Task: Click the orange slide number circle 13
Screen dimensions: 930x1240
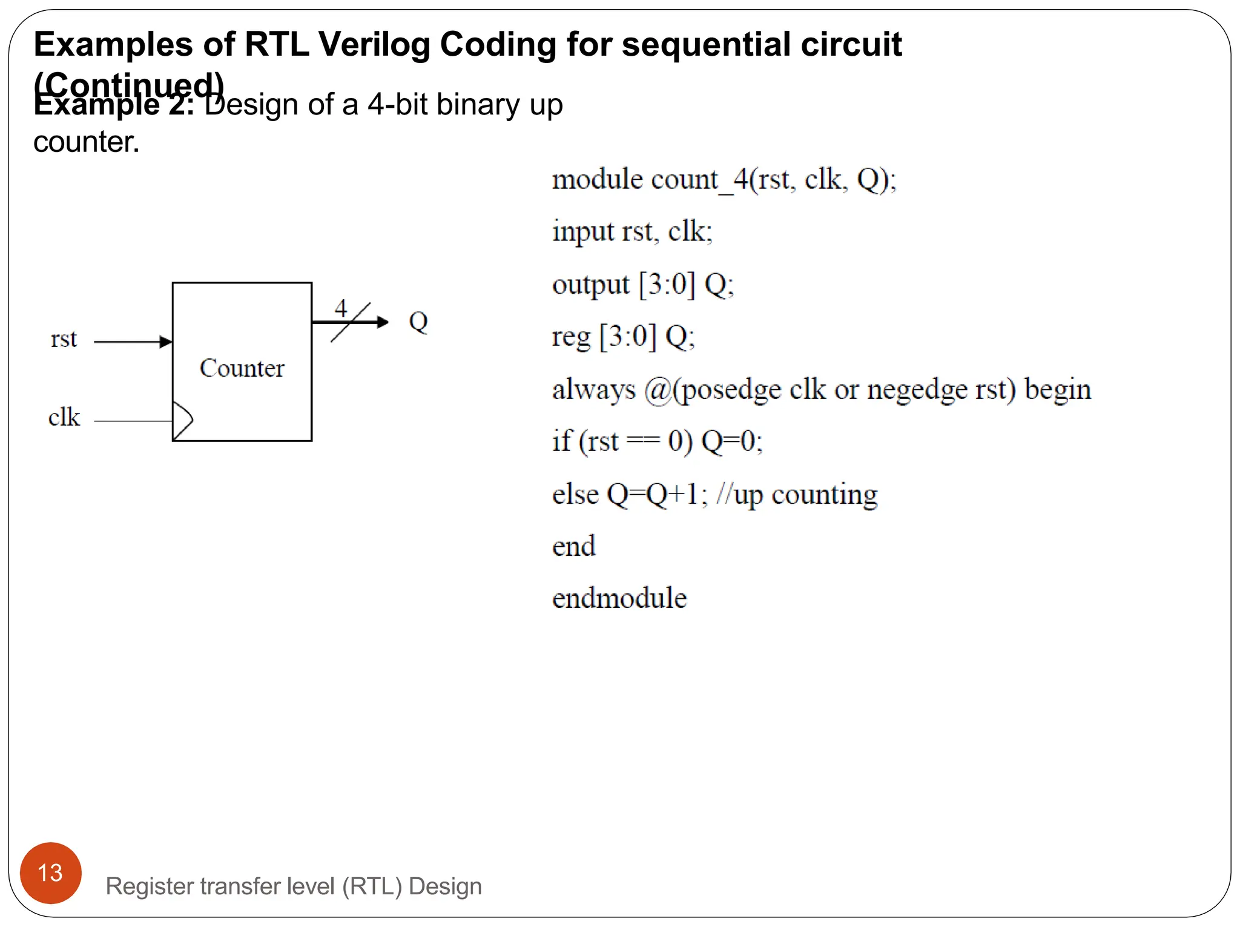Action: coord(50,872)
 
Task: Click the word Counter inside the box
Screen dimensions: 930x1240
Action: coord(242,368)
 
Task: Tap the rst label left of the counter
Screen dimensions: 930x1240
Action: coord(64,339)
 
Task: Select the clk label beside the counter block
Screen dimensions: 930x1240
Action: coord(64,417)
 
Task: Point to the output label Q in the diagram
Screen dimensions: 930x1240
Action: coord(418,322)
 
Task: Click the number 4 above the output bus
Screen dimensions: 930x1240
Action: coord(341,308)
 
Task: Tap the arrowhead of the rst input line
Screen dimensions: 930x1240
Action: coord(166,342)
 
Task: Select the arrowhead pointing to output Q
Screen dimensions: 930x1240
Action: coord(382,322)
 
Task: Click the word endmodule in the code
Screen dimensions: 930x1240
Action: coord(619,598)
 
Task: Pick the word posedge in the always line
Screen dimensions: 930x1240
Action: coord(731,390)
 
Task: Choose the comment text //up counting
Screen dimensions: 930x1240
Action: coord(797,495)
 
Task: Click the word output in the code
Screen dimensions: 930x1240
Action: coord(591,285)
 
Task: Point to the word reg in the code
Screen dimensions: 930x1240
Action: coord(571,337)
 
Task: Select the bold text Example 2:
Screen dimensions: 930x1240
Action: coord(114,105)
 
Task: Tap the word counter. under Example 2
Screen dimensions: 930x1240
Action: coord(87,142)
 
